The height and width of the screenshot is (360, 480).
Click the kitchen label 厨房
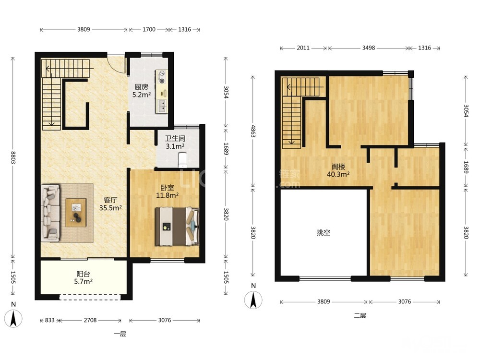point(142,87)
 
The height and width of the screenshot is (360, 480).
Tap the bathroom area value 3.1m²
point(175,146)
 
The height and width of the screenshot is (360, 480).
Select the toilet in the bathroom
point(182,159)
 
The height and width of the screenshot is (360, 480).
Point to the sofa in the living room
point(50,213)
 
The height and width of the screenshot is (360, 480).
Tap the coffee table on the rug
point(76,213)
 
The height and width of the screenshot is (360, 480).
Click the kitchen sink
point(161,106)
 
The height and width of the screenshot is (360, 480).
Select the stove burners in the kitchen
point(161,77)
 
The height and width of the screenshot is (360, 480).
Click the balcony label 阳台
point(83,274)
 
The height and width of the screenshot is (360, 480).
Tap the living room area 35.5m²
point(110,208)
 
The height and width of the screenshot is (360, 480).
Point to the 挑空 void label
point(324,233)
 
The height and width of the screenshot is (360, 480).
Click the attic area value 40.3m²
point(338,175)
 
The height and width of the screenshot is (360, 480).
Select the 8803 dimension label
point(13,157)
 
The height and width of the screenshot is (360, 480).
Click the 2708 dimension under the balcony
point(90,320)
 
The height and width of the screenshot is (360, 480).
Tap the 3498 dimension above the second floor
point(368,48)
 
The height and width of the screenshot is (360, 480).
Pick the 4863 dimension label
point(253,131)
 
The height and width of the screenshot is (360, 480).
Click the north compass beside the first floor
point(13,318)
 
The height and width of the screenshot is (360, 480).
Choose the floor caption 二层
point(360,316)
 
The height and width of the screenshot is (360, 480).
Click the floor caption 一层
point(120,334)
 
